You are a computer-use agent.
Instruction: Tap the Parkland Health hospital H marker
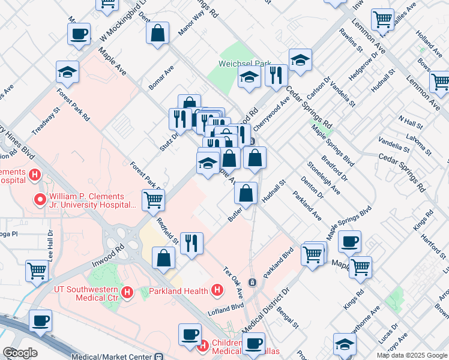click(x=218, y=291)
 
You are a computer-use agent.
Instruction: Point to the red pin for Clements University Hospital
click(x=41, y=199)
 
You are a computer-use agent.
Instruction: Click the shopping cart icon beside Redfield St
click(x=153, y=200)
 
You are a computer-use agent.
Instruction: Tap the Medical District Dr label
click(x=266, y=309)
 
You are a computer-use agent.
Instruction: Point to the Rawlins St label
click(x=351, y=39)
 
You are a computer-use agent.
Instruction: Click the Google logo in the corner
click(x=20, y=352)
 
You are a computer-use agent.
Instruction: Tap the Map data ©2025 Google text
click(x=411, y=355)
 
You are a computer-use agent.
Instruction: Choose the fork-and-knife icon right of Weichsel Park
click(x=276, y=75)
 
